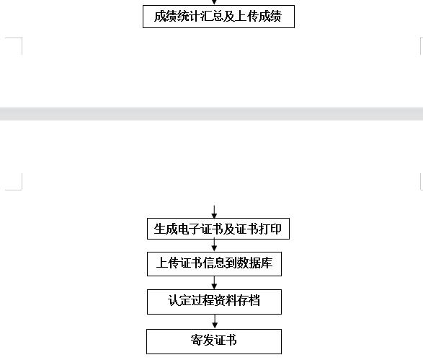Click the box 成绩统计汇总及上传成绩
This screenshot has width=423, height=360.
click(218, 17)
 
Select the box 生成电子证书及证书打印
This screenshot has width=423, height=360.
click(218, 229)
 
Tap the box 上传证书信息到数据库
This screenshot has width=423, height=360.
click(214, 264)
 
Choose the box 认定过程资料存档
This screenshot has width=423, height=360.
click(214, 302)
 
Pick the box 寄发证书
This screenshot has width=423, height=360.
click(214, 341)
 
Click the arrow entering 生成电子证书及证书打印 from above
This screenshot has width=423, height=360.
click(214, 211)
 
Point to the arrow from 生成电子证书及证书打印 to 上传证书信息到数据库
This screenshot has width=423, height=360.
click(214, 245)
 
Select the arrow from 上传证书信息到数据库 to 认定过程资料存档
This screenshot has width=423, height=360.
click(214, 283)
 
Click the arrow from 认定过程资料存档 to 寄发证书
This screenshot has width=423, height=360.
click(215, 322)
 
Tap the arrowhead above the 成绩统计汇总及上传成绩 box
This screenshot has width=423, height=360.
click(214, 2)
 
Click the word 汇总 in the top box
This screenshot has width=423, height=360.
click(212, 16)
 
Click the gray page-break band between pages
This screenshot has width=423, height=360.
click(212, 114)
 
